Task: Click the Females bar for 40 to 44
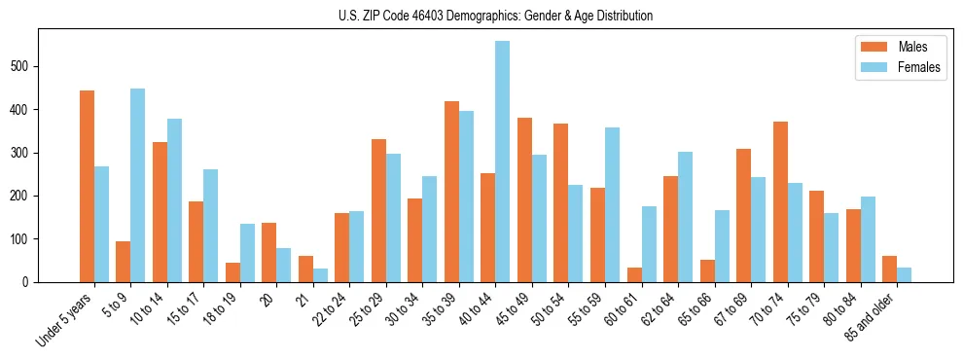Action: click(x=502, y=162)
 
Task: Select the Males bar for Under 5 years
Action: click(x=87, y=186)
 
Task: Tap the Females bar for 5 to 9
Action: click(x=137, y=185)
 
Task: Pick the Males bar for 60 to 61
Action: click(x=634, y=274)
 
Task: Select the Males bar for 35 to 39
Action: click(x=451, y=192)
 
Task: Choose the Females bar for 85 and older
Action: click(x=904, y=274)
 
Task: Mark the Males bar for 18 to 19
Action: click(x=232, y=272)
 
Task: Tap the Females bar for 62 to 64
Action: click(x=685, y=217)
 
